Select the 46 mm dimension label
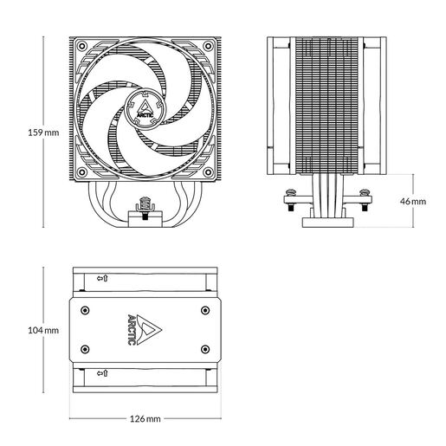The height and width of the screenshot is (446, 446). (x=414, y=200)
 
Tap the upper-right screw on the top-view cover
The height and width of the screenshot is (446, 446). (x=205, y=308)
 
